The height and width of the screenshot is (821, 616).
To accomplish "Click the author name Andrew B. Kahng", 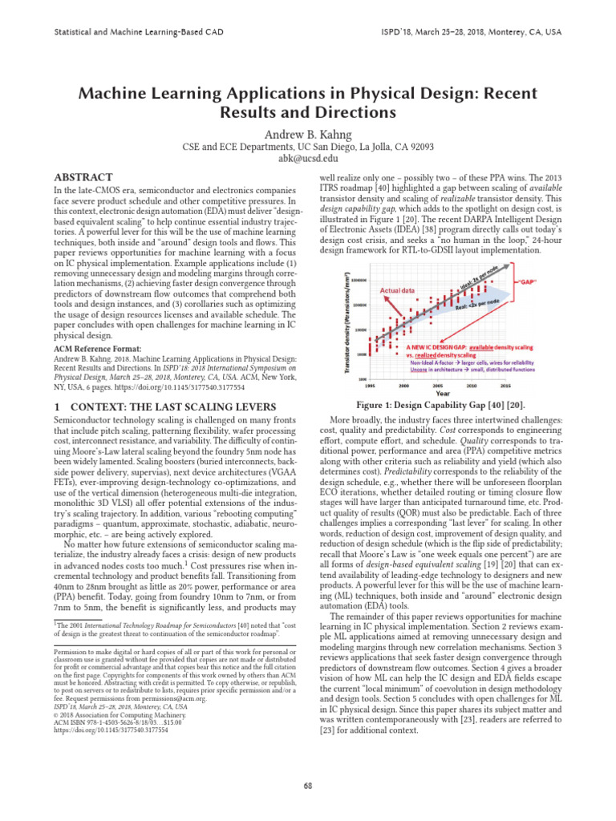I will (x=308, y=130).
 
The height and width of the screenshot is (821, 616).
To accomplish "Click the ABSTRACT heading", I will (x=83, y=176).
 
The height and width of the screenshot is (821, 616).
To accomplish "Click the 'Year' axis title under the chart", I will (x=444, y=394).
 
